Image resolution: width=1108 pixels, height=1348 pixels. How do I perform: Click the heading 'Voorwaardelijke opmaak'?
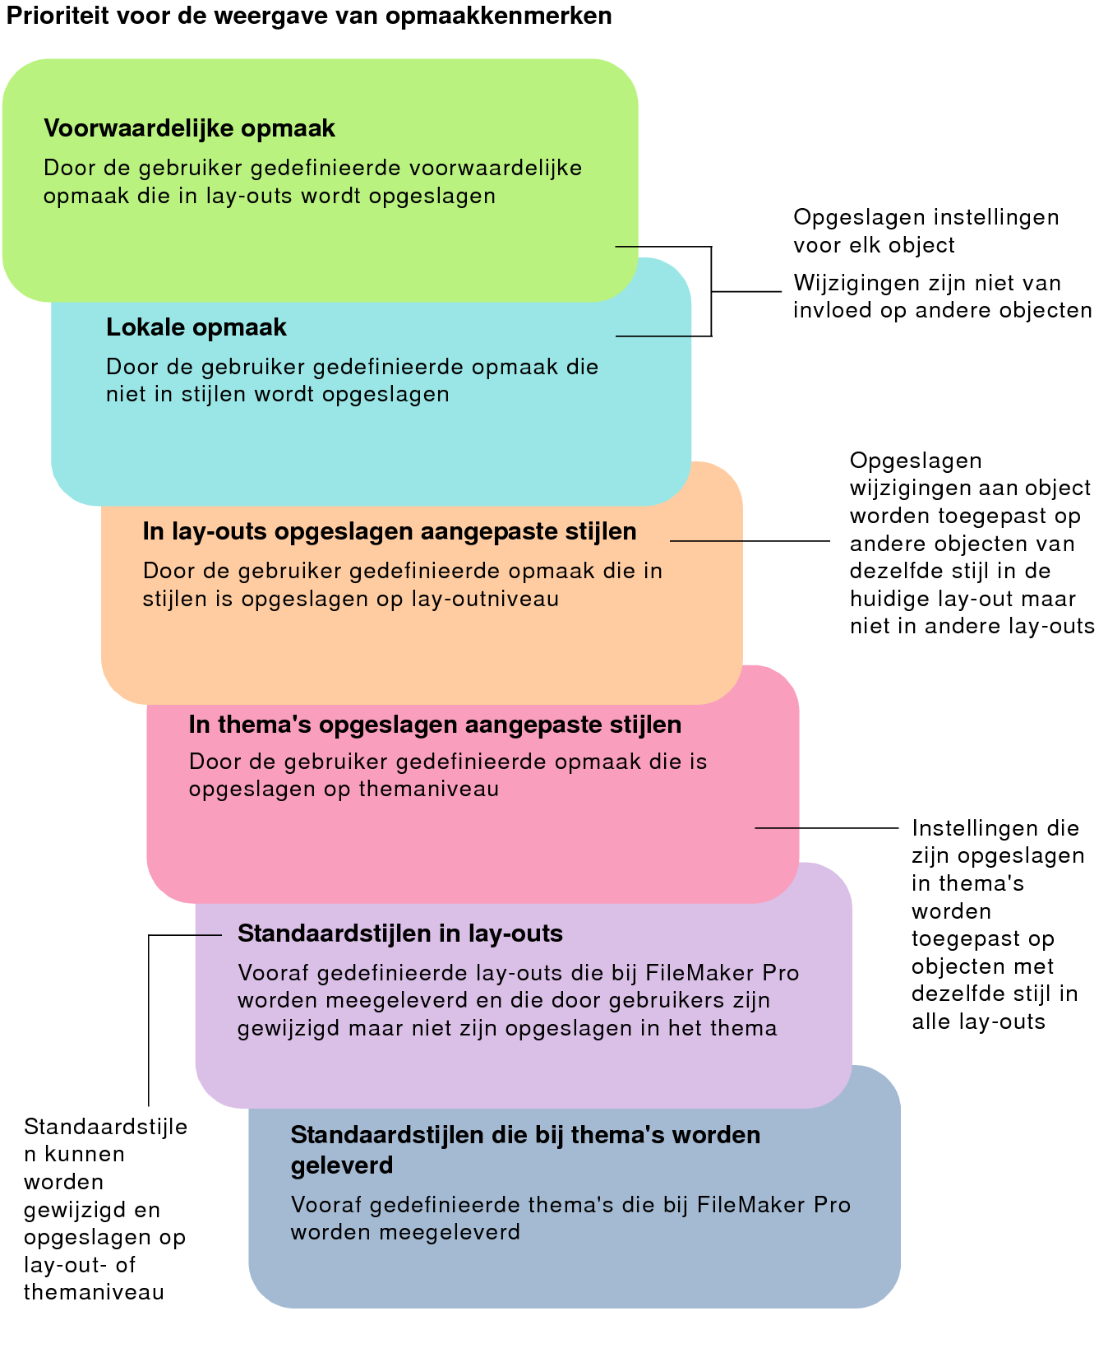(189, 129)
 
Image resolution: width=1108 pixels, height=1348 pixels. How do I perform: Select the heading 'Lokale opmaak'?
(196, 327)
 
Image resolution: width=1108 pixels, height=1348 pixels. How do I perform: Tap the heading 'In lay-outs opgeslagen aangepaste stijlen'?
(390, 531)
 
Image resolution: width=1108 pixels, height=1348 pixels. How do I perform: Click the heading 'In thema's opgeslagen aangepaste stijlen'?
(436, 725)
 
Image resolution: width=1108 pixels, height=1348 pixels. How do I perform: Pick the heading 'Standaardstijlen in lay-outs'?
(400, 933)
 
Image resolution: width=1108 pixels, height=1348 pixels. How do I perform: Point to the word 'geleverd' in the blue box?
(342, 1165)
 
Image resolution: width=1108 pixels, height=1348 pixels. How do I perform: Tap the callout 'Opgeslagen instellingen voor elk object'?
(926, 231)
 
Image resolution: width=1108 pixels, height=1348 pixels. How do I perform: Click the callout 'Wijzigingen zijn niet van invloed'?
(943, 296)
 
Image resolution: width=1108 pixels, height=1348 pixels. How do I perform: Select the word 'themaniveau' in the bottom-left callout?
(94, 1292)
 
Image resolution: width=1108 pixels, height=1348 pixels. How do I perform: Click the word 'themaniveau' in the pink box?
(428, 790)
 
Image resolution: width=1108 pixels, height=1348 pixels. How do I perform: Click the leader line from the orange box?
(750, 541)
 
